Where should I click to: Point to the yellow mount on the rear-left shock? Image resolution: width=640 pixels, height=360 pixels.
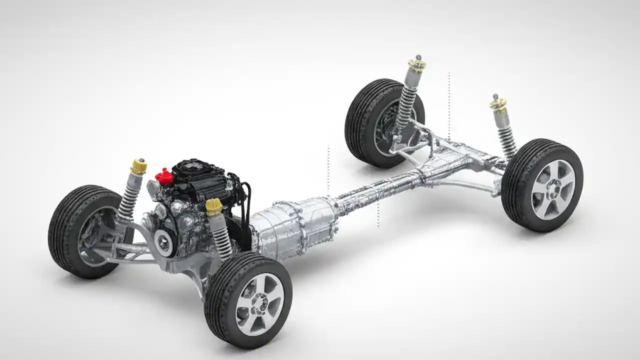click(416, 64)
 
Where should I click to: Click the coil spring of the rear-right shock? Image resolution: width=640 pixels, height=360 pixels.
click(506, 139)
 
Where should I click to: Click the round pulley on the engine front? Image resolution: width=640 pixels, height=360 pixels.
click(163, 242)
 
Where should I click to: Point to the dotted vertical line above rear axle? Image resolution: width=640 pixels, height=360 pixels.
click(449, 105)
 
